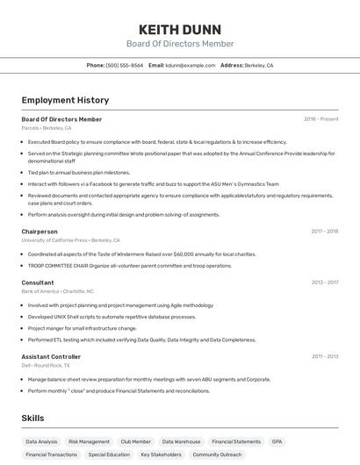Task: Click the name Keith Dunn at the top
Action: click(179, 29)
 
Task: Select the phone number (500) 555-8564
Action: click(124, 65)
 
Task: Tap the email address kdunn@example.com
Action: click(191, 65)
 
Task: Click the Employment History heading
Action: click(65, 100)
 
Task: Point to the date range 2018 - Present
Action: click(320, 119)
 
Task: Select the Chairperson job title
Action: click(40, 232)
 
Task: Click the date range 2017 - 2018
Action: click(324, 232)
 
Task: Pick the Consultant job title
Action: click(38, 283)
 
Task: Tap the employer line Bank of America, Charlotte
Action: click(57, 290)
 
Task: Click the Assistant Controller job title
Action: click(51, 357)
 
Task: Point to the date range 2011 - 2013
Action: click(324, 357)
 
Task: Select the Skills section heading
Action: click(33, 418)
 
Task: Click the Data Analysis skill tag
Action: click(41, 441)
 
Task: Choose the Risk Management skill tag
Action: click(89, 441)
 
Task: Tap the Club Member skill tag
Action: click(136, 441)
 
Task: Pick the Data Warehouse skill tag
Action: click(182, 441)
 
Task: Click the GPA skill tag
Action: click(277, 441)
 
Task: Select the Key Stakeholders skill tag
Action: click(161, 454)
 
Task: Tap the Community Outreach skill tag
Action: click(218, 454)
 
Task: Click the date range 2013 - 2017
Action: click(324, 283)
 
